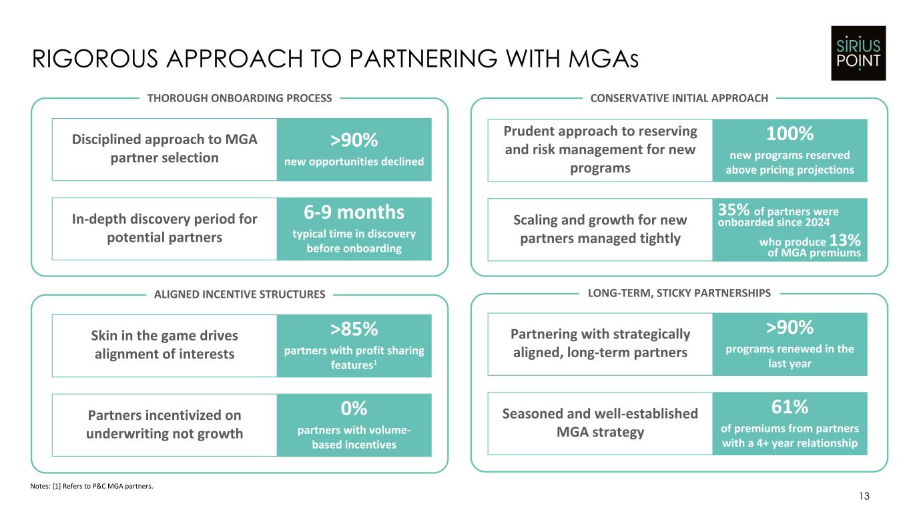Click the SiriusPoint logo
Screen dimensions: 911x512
858,53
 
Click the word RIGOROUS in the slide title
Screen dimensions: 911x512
95,59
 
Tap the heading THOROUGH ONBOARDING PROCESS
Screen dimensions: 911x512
240,98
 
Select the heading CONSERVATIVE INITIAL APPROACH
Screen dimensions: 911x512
679,98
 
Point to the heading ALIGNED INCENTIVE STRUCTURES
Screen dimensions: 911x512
240,294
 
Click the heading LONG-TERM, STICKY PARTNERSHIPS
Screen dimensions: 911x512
679,293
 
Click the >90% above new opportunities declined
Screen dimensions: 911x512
354,140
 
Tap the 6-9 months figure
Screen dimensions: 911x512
354,212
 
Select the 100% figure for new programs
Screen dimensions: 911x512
790,134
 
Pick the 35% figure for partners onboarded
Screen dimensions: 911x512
733,210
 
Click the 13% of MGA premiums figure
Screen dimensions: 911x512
845,240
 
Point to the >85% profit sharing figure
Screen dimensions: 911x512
354,329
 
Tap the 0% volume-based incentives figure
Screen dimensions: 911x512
354,409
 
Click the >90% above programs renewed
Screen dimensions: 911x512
790,327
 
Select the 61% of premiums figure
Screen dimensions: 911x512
790,407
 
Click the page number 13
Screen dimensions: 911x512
864,496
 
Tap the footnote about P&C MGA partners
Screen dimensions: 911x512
91,486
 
